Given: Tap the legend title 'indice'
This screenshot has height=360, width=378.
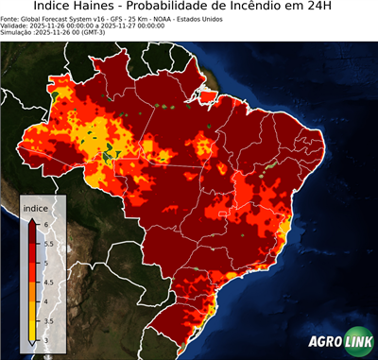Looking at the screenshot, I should pyautogui.click(x=35, y=207).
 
